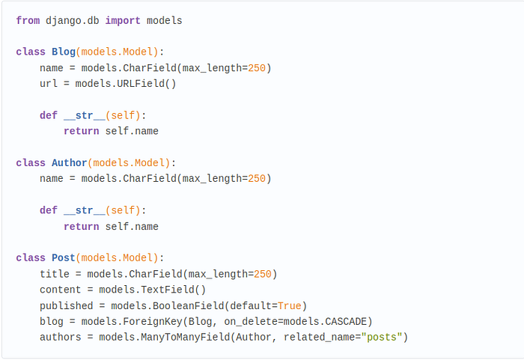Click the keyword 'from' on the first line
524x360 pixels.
point(28,20)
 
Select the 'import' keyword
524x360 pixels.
point(123,21)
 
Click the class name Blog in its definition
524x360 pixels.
point(64,52)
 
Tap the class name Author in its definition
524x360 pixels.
point(69,162)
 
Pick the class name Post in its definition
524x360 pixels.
point(64,257)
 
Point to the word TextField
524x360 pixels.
point(168,290)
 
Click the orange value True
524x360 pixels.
point(290,305)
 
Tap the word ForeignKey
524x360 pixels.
point(153,321)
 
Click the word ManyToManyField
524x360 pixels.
point(186,337)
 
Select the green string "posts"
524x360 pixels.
point(381,337)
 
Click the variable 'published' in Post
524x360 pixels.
point(66,305)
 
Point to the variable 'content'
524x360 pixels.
point(60,290)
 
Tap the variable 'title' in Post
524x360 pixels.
point(55,274)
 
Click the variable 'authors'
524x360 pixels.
point(60,337)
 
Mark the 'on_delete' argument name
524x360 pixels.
point(251,322)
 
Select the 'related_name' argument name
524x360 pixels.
point(319,338)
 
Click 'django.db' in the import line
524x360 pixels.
point(72,21)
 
